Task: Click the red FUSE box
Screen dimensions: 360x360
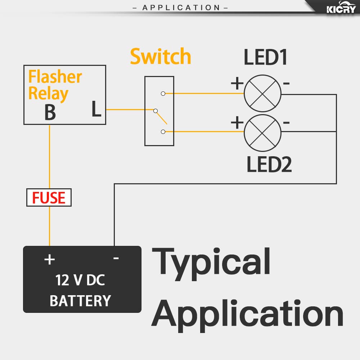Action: click(49, 198)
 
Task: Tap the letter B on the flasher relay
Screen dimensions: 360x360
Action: click(50, 112)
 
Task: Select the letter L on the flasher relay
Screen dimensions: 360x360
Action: click(96, 109)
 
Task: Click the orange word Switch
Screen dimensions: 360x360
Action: click(161, 57)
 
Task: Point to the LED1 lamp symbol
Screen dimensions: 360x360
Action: click(262, 94)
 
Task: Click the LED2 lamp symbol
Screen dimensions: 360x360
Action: click(262, 132)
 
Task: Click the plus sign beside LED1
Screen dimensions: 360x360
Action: click(237, 84)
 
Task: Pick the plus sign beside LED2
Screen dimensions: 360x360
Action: click(237, 123)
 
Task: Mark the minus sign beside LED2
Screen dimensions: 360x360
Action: click(287, 123)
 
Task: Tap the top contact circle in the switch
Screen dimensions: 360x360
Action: click(163, 94)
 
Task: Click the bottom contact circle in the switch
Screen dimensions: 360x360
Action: click(163, 132)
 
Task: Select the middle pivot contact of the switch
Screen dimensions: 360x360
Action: click(155, 111)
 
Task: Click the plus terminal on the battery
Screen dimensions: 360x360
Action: click(49, 259)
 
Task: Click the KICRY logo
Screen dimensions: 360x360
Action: click(341, 9)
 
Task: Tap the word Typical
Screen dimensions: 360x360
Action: click(211, 262)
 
